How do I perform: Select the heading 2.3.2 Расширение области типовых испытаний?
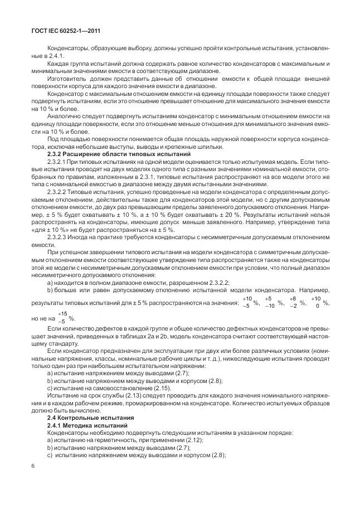click(119, 153)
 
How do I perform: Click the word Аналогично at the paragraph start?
click(64, 115)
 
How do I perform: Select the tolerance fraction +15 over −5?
click(61, 317)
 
